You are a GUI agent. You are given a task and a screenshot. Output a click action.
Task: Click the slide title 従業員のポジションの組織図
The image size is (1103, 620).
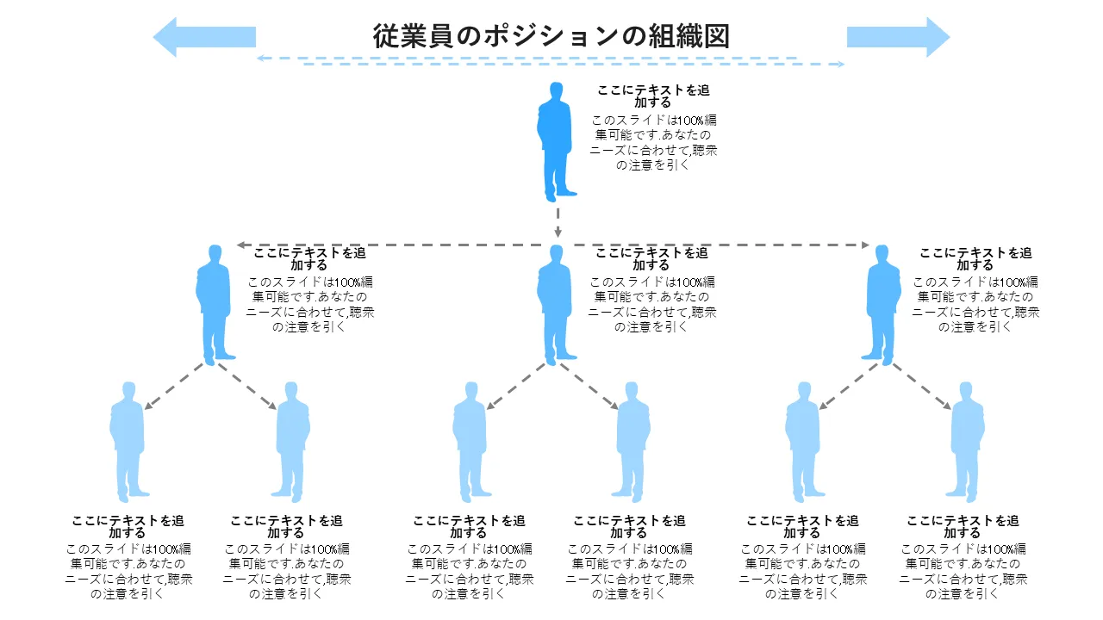coord(551,36)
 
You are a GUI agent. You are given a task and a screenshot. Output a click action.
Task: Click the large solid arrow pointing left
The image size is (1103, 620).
coord(204,37)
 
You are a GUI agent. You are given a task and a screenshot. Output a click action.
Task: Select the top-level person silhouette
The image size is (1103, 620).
coord(557,142)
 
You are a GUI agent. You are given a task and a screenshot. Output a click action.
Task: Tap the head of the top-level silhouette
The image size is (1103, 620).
coord(557,90)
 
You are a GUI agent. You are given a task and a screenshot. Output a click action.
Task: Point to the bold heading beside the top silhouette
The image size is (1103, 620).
coord(653,96)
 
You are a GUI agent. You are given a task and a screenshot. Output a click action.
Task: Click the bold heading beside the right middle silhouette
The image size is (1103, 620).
coord(975,259)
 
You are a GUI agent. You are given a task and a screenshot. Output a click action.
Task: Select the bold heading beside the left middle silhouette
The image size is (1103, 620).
coord(309,259)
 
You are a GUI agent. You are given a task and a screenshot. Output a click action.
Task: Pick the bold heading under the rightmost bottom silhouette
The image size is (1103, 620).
coord(963,527)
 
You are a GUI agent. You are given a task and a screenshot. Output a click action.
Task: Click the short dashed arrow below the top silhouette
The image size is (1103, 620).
coord(558,220)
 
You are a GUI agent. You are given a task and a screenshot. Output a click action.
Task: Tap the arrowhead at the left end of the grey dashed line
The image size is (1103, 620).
coord(242,245)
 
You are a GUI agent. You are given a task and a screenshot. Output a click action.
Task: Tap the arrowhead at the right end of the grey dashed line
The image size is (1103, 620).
coord(864,245)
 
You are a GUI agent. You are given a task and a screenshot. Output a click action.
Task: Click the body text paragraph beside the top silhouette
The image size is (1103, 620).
coord(653,143)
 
